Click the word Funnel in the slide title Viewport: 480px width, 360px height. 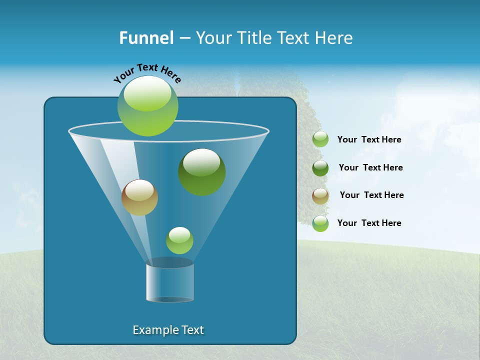point(146,38)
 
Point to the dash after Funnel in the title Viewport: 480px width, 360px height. point(184,38)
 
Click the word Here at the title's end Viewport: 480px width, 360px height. point(335,38)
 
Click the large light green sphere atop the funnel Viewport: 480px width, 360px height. point(148,106)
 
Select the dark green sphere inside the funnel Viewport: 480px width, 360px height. point(202,171)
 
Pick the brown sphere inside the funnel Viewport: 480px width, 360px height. point(139,197)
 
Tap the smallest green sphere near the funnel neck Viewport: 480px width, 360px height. point(179,240)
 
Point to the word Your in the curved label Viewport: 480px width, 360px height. point(123,75)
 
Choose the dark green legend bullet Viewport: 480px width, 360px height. point(320,168)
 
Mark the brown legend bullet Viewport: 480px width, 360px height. point(320,196)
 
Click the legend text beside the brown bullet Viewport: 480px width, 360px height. point(371,195)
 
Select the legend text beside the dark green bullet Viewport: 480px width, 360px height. point(370,167)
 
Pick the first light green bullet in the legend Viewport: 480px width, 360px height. point(320,139)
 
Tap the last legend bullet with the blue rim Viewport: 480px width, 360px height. point(320,223)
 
